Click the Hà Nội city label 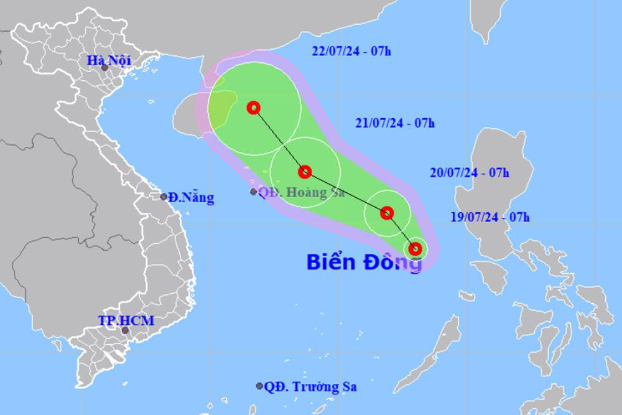click(x=105, y=60)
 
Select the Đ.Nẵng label click(x=190, y=198)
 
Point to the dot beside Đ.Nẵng click(x=164, y=197)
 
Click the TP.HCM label click(x=126, y=321)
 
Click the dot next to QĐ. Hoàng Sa click(x=253, y=192)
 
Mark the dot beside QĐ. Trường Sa click(x=259, y=386)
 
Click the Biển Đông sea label click(x=364, y=262)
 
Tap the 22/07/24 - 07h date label click(x=351, y=52)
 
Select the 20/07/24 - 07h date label click(x=470, y=173)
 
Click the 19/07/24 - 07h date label click(x=490, y=217)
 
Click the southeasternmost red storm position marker click(x=416, y=249)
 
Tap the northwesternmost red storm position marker click(x=253, y=108)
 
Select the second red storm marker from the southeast click(x=387, y=213)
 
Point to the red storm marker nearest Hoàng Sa click(x=304, y=172)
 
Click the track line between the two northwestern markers click(x=279, y=139)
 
